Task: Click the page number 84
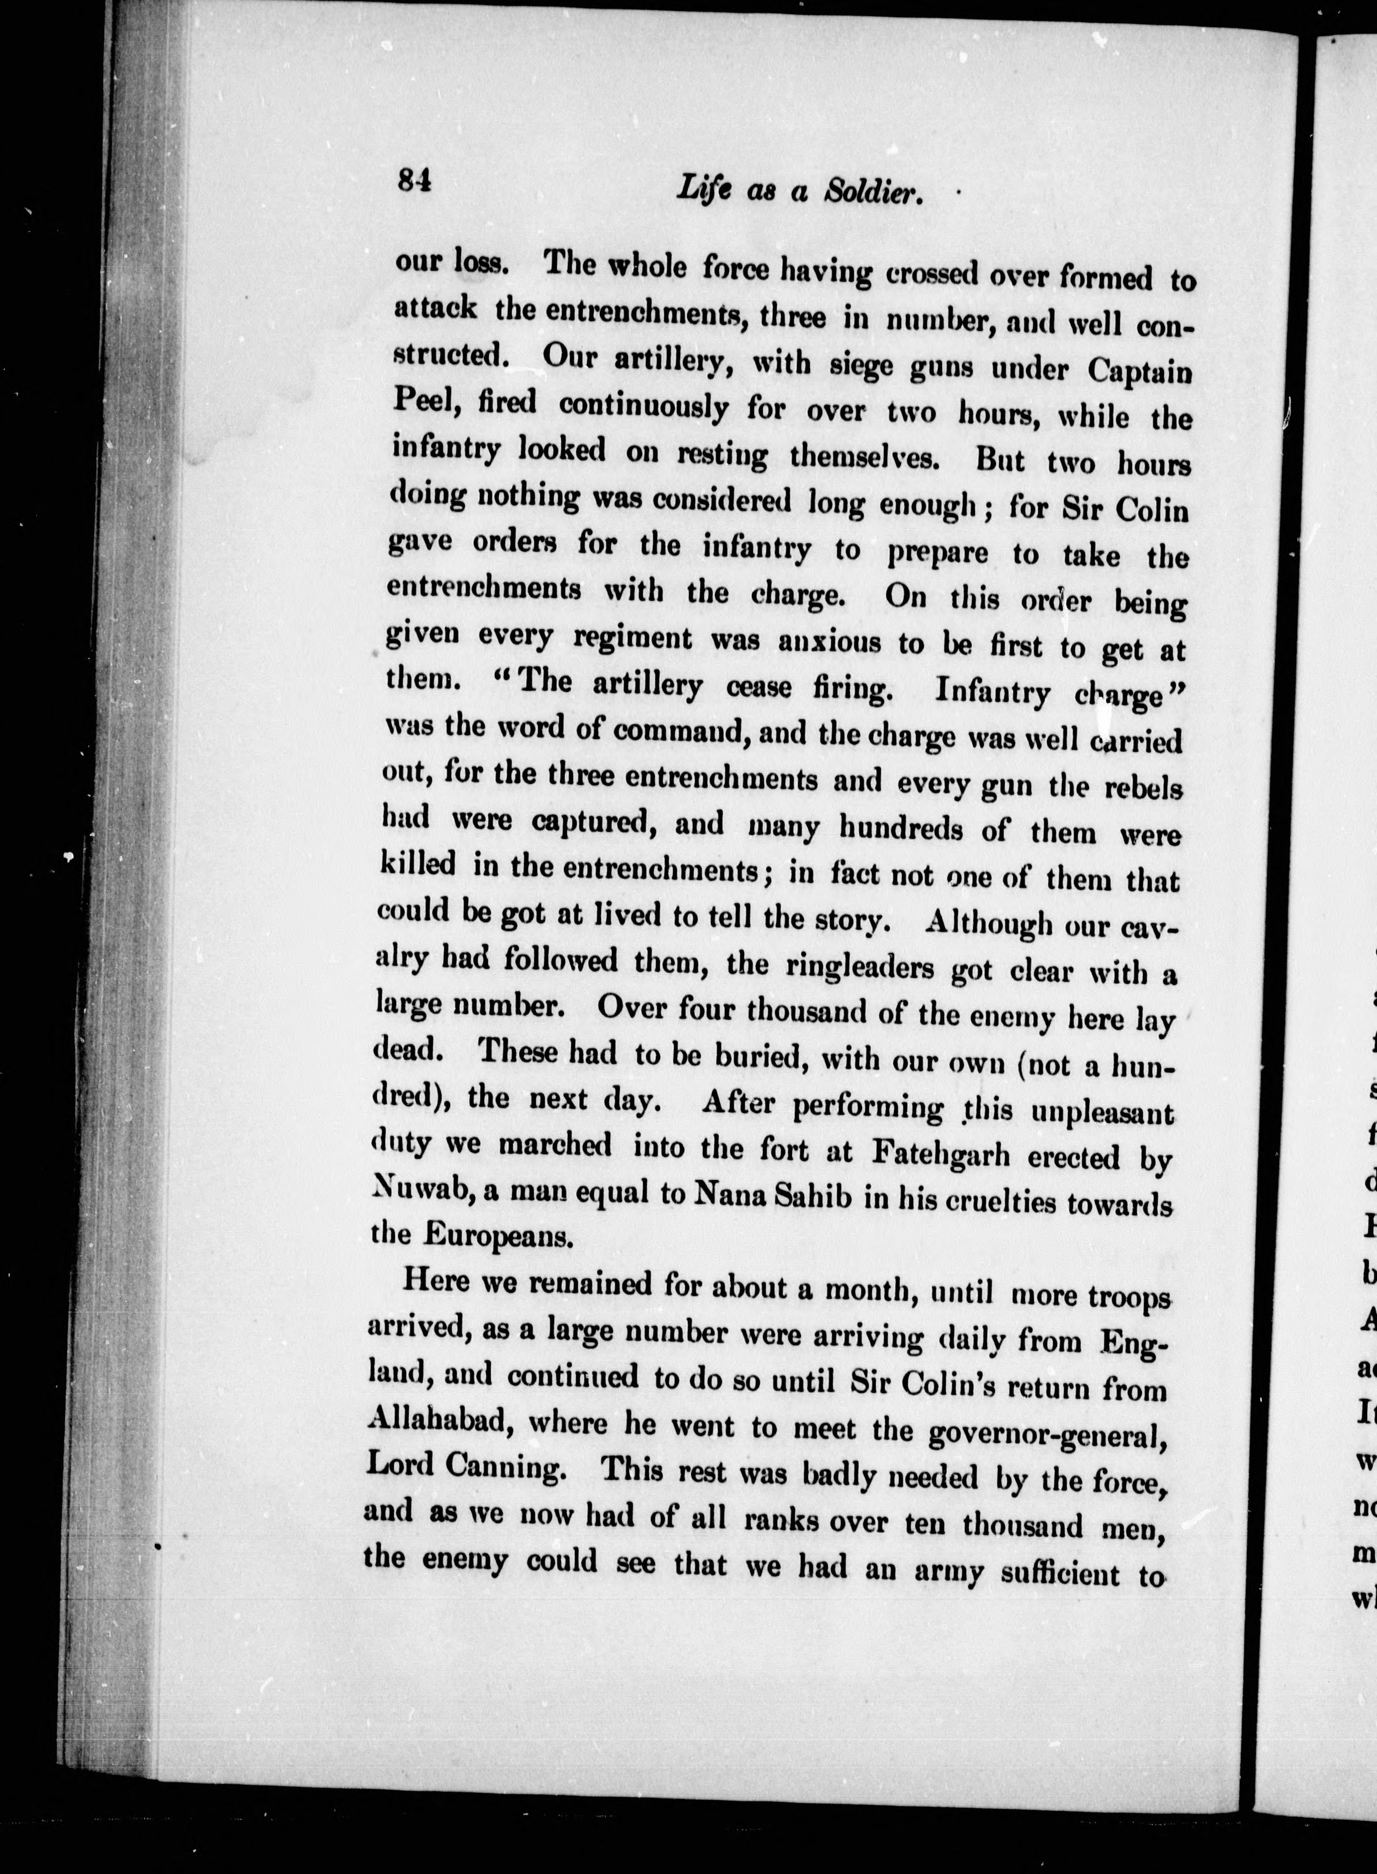[414, 180]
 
